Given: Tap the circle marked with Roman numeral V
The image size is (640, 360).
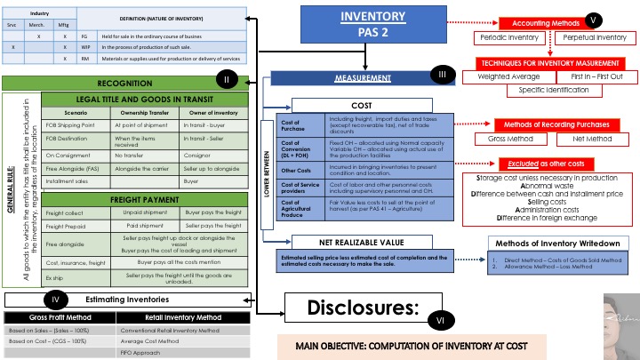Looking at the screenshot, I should [594, 20].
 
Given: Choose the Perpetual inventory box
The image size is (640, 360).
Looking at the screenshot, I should [593, 38].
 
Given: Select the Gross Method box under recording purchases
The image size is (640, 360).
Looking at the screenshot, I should [506, 139].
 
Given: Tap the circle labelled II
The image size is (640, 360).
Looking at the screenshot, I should [228, 81].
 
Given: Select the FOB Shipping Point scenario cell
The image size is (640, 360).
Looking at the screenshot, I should [76, 127].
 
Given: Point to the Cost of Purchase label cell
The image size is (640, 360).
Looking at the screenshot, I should [300, 124].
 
